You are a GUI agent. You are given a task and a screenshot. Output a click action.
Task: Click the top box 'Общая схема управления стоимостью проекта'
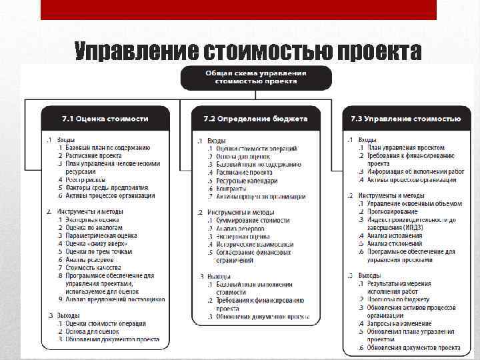pos(256,77)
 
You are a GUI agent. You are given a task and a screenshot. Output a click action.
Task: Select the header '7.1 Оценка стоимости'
pos(105,119)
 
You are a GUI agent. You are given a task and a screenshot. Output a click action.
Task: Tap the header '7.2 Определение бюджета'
pos(256,119)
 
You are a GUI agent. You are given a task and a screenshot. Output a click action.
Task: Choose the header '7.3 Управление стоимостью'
pos(405,119)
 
